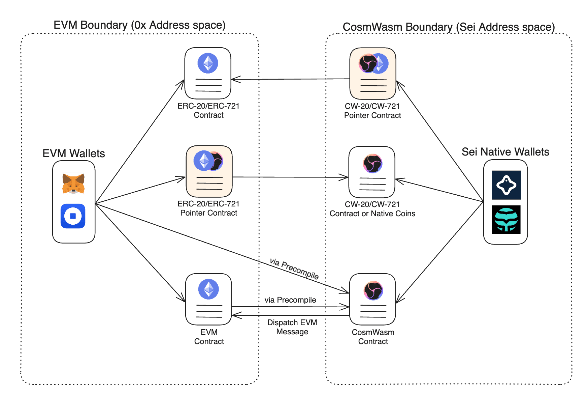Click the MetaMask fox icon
(73, 184)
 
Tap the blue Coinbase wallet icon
(73, 216)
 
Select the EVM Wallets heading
(73, 153)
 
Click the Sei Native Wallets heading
(505, 152)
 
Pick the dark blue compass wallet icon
(506, 185)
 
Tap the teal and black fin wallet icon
(506, 220)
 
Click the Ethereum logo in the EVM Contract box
(208, 289)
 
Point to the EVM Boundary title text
(139, 25)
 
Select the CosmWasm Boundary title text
(449, 27)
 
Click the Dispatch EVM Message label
(292, 327)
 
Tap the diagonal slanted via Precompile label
(294, 269)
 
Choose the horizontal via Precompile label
(290, 300)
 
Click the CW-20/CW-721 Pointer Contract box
(373, 73)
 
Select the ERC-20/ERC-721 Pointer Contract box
(209, 171)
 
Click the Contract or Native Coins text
(372, 214)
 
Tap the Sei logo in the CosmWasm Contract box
(373, 290)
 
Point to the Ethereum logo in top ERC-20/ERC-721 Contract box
(208, 63)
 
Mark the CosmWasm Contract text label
(373, 337)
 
